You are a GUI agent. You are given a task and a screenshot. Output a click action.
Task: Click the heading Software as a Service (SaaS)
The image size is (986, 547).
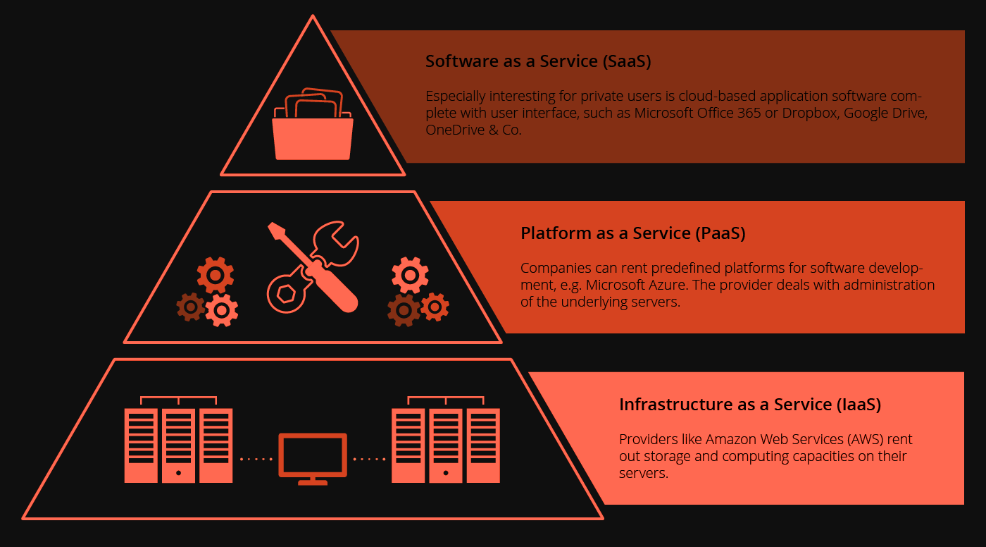[x=538, y=61]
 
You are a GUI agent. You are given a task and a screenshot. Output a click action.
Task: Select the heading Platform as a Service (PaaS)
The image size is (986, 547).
[x=632, y=233]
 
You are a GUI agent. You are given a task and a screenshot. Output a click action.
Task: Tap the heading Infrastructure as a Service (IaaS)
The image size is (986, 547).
[x=750, y=405]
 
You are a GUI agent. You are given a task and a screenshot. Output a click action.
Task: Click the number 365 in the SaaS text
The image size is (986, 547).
[x=747, y=113]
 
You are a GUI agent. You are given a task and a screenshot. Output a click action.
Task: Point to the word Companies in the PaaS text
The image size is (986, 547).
[x=552, y=268]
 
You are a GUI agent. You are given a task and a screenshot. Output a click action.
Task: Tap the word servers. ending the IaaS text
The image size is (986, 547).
[x=643, y=473]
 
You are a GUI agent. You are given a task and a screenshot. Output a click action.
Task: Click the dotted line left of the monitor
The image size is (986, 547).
[x=256, y=460]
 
